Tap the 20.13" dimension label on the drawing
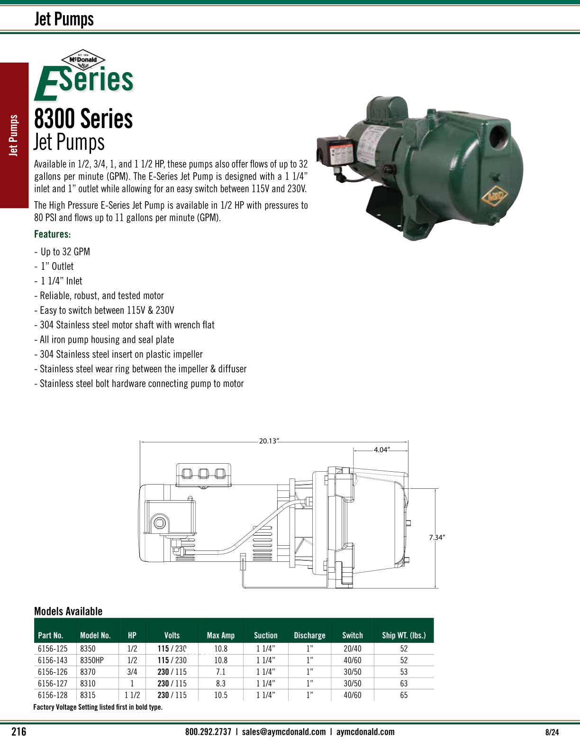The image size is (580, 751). click(x=269, y=441)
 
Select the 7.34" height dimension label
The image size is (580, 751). click(x=437, y=537)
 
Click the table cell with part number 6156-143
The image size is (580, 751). click(x=53, y=660)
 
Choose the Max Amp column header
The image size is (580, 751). click(x=220, y=635)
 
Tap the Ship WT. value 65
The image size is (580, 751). click(x=404, y=695)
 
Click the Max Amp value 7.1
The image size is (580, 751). click(x=220, y=672)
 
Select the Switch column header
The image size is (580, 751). click(x=352, y=635)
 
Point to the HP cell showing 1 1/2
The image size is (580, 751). click(x=132, y=695)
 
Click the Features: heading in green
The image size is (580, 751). click(x=53, y=234)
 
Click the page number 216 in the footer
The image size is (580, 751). click(x=19, y=732)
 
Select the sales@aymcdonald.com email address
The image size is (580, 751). click(x=283, y=732)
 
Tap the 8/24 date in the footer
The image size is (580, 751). click(x=552, y=732)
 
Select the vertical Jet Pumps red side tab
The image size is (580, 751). click(x=14, y=136)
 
